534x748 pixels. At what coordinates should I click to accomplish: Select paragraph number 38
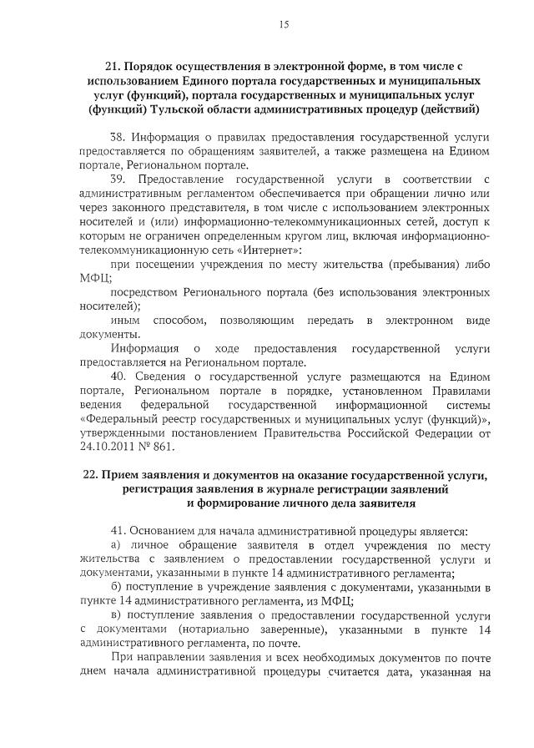118,138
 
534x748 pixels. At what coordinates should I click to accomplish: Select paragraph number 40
118,377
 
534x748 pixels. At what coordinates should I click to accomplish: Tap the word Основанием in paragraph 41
162,531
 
